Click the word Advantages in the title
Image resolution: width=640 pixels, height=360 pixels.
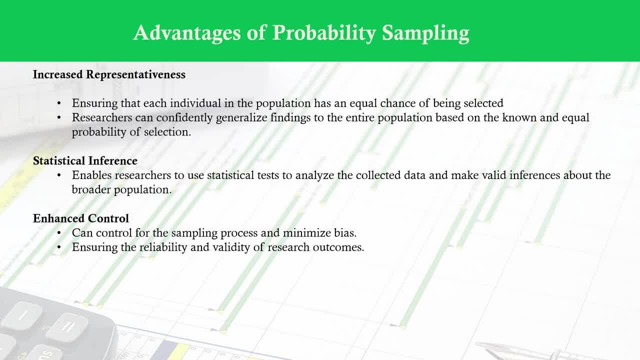(x=187, y=33)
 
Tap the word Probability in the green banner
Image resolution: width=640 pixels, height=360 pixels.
(x=324, y=33)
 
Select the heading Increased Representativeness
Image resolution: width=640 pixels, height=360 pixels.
(x=109, y=74)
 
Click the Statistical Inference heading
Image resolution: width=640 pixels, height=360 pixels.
(x=85, y=161)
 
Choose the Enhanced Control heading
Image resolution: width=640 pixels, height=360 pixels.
(x=81, y=218)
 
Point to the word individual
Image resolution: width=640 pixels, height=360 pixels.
(x=195, y=103)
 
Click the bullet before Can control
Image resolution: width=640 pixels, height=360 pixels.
(x=59, y=233)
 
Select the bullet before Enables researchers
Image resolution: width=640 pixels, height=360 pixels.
(x=59, y=175)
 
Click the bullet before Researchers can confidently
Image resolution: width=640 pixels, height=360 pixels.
(x=59, y=117)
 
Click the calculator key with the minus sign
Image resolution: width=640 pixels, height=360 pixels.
(x=22, y=315)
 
